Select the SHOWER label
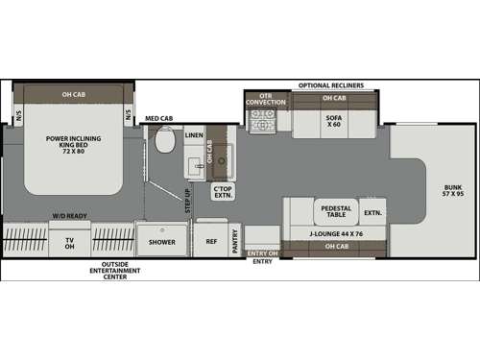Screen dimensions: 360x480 coord(161,243)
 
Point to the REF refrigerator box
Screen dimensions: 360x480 coord(211,243)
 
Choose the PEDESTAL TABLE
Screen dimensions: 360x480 coord(336,211)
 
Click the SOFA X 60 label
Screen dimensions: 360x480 coord(332,122)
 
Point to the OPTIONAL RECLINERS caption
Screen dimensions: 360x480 coord(330,84)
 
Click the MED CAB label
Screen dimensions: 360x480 coord(158,120)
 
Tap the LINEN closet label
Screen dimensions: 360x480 coord(194,135)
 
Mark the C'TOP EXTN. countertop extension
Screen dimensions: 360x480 coord(223,191)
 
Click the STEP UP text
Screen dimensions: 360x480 coord(187,201)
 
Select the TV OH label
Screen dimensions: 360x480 coord(69,244)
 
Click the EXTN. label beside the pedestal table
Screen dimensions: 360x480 coord(372,212)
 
